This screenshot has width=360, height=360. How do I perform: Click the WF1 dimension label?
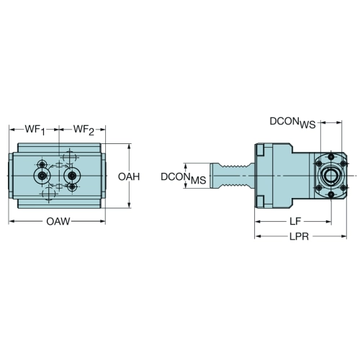pyautogui.click(x=35, y=130)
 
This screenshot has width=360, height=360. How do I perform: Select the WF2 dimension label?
pyautogui.click(x=84, y=130)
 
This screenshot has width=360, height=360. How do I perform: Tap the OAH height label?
pyautogui.click(x=129, y=177)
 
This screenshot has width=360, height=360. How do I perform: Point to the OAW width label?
pyautogui.click(x=58, y=222)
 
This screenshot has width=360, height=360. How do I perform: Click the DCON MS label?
pyautogui.click(x=184, y=178)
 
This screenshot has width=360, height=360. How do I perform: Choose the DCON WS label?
pyautogui.click(x=292, y=122)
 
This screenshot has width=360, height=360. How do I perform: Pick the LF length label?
pyautogui.click(x=295, y=222)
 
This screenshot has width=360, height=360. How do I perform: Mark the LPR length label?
pyautogui.click(x=299, y=237)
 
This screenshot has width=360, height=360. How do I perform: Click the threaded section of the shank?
pyautogui.click(x=234, y=176)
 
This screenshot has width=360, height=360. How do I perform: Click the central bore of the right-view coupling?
pyautogui.click(x=330, y=176)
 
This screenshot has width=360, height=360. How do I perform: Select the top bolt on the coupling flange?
pyautogui.click(x=331, y=157)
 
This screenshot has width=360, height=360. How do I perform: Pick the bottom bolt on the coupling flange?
pyautogui.click(x=331, y=194)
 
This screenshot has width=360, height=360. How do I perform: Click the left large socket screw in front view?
pyautogui.click(x=42, y=176)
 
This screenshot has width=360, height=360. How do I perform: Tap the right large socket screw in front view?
pyautogui.click(x=71, y=176)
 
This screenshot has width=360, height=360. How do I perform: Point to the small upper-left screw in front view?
pyautogui.click(x=42, y=164)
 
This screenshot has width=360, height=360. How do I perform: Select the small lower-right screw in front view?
pyautogui.click(x=72, y=187)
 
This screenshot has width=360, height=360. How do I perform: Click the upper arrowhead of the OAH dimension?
pyautogui.click(x=130, y=147)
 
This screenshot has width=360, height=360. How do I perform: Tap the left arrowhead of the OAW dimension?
pyautogui.click(x=12, y=221)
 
